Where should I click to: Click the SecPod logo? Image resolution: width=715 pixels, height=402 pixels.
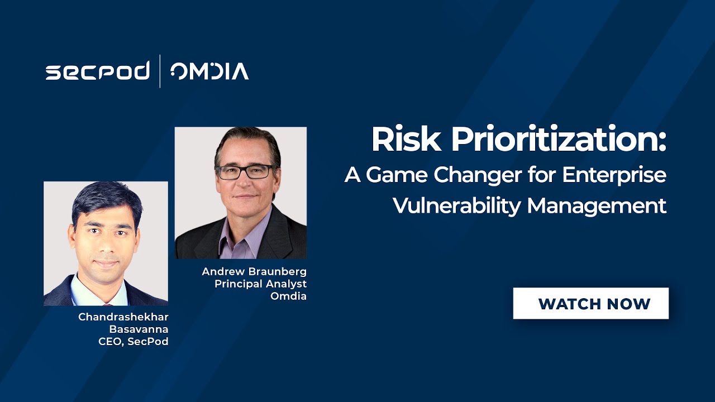click(x=97, y=71)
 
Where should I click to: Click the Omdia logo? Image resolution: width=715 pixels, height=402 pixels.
click(x=209, y=71)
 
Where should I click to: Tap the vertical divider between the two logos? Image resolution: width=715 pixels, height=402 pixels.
click(x=160, y=71)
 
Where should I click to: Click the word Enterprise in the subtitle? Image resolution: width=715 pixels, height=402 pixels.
click(x=614, y=175)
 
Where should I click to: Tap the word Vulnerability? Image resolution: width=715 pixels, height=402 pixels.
click(x=456, y=205)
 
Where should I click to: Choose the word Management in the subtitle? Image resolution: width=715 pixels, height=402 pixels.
click(x=597, y=206)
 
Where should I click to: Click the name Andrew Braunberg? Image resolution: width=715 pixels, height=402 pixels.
click(x=254, y=271)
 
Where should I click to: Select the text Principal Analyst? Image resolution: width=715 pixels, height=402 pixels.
click(x=260, y=284)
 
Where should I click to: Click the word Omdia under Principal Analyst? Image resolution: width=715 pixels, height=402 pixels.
click(x=288, y=296)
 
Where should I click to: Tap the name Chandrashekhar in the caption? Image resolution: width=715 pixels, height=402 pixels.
click(x=123, y=317)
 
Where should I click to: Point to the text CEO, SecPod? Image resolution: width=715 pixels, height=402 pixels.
click(x=133, y=342)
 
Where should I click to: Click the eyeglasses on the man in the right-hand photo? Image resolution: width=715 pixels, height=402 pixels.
click(x=244, y=172)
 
